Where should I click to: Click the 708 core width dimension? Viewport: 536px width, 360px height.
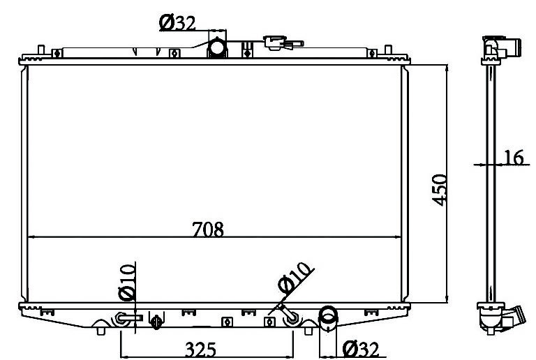(208, 229)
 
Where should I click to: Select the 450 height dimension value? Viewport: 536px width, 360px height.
(439, 190)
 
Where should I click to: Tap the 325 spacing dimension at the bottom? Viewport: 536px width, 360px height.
(201, 349)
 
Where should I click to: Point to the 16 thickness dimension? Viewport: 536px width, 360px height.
(514, 158)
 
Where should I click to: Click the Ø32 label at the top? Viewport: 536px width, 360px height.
(177, 23)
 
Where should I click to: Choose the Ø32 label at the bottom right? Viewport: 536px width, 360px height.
(361, 349)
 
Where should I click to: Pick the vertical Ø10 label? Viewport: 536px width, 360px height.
(127, 282)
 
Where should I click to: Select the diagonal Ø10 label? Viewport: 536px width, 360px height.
(295, 278)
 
